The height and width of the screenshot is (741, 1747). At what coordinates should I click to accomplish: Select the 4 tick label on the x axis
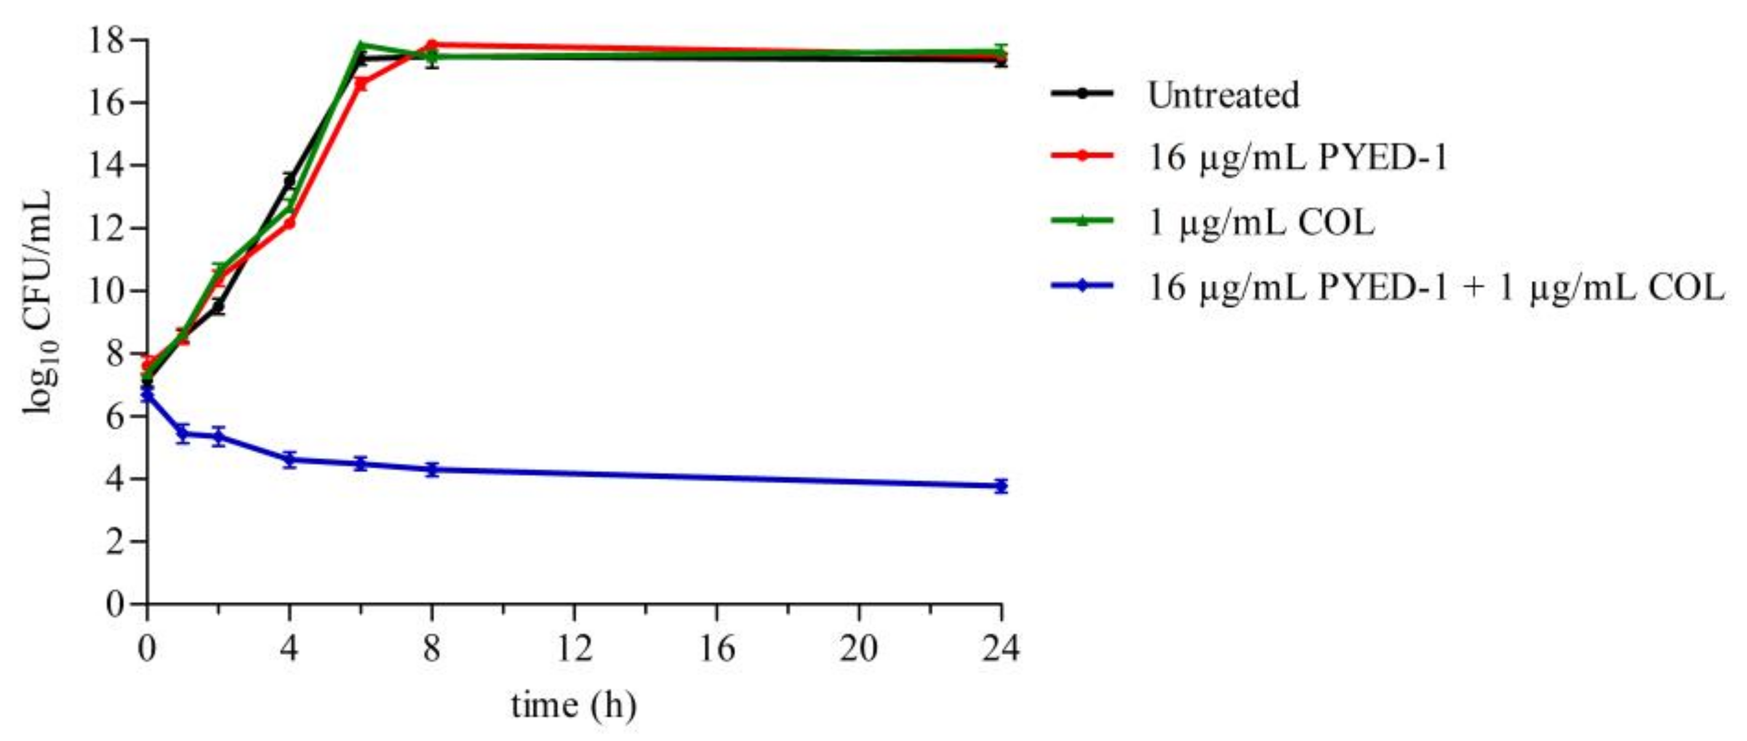click(290, 649)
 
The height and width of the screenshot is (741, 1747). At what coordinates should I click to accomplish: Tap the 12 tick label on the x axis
click(574, 649)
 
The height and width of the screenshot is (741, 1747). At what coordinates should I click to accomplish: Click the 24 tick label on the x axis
click(1001, 649)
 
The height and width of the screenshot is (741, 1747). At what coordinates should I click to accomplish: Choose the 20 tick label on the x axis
click(858, 649)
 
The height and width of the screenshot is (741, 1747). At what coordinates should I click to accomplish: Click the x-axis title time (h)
click(574, 706)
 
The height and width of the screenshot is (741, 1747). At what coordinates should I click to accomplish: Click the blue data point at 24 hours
click(1001, 485)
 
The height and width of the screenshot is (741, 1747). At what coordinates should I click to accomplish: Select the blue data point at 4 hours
click(290, 459)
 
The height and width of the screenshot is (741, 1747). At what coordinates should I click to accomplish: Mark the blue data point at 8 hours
click(432, 469)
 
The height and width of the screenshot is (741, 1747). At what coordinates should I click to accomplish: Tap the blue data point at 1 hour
click(182, 432)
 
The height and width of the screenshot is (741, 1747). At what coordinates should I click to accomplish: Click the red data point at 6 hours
click(361, 84)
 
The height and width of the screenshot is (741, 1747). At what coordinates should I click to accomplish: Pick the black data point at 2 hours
click(218, 307)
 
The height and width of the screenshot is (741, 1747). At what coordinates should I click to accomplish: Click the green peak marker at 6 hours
click(361, 46)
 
